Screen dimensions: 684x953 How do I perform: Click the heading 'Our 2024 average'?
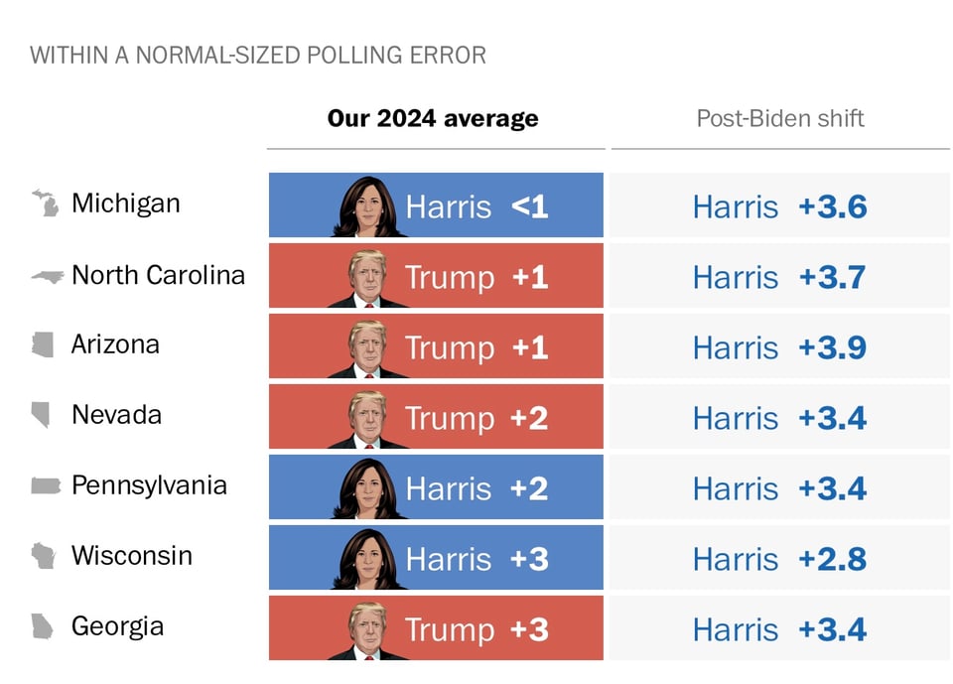[433, 119]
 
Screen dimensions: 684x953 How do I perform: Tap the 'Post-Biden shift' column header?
[780, 119]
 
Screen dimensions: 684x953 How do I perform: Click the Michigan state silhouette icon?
[45, 204]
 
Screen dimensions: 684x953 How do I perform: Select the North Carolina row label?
[158, 275]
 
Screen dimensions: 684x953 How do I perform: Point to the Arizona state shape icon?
[42, 344]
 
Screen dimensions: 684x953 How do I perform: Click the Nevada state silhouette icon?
[42, 415]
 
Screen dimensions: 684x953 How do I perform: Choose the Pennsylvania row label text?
[149, 485]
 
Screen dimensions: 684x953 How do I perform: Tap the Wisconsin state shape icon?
[43, 556]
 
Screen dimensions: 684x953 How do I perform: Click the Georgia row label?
[117, 626]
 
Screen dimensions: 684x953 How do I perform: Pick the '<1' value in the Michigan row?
[529, 206]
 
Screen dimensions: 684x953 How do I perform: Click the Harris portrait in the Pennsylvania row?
[367, 487]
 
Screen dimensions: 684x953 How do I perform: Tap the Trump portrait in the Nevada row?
[367, 417]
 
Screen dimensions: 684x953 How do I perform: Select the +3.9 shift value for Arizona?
[832, 347]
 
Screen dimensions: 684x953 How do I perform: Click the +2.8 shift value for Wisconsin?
[832, 559]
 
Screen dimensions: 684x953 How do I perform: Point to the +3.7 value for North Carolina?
[832, 277]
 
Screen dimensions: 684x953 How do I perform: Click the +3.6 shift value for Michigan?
[832, 206]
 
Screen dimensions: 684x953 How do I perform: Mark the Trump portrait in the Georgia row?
[367, 628]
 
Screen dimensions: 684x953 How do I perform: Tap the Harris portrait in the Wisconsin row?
[367, 558]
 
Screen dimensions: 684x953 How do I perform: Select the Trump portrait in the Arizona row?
[367, 346]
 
